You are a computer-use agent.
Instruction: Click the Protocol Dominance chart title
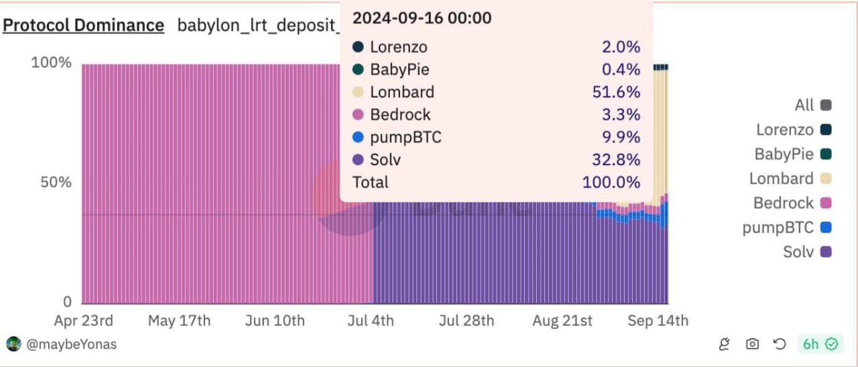84,25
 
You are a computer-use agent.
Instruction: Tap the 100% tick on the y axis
51,62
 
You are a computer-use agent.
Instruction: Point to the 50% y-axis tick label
56,182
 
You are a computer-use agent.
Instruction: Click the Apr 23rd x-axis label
83,321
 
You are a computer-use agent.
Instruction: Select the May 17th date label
179,321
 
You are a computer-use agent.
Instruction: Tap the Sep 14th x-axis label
658,321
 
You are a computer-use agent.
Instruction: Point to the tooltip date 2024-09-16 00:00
422,18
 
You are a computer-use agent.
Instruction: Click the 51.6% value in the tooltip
616,92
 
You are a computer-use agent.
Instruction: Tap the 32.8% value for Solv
616,160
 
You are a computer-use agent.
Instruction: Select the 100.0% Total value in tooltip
611,182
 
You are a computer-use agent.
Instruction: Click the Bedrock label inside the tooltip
400,115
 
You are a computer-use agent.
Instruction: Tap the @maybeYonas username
71,344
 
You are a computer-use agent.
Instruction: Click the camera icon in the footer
752,344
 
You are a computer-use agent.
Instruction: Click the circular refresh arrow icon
780,344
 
